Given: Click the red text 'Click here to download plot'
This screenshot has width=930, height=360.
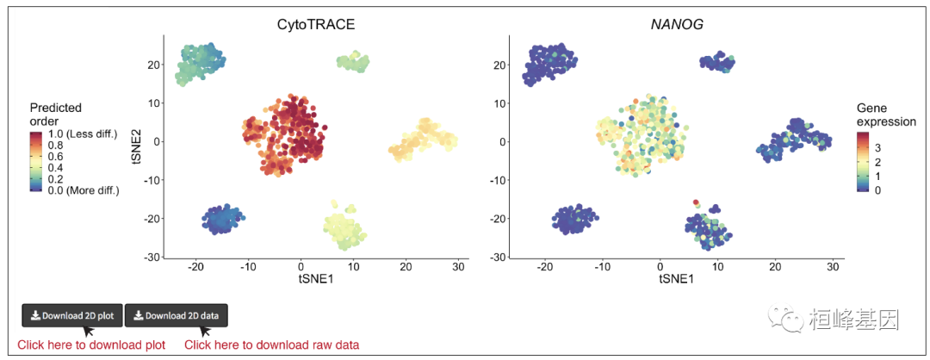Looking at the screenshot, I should point(91,345).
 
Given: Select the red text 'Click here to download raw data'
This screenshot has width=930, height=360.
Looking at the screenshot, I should point(271,345).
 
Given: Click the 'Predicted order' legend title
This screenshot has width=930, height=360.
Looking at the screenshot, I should point(55,114).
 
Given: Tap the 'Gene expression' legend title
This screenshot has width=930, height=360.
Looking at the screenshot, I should point(885,115).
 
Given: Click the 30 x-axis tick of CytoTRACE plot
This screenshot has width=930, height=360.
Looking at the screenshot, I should point(459,267).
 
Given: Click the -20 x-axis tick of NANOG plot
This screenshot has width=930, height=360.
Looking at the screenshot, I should point(544,267).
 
